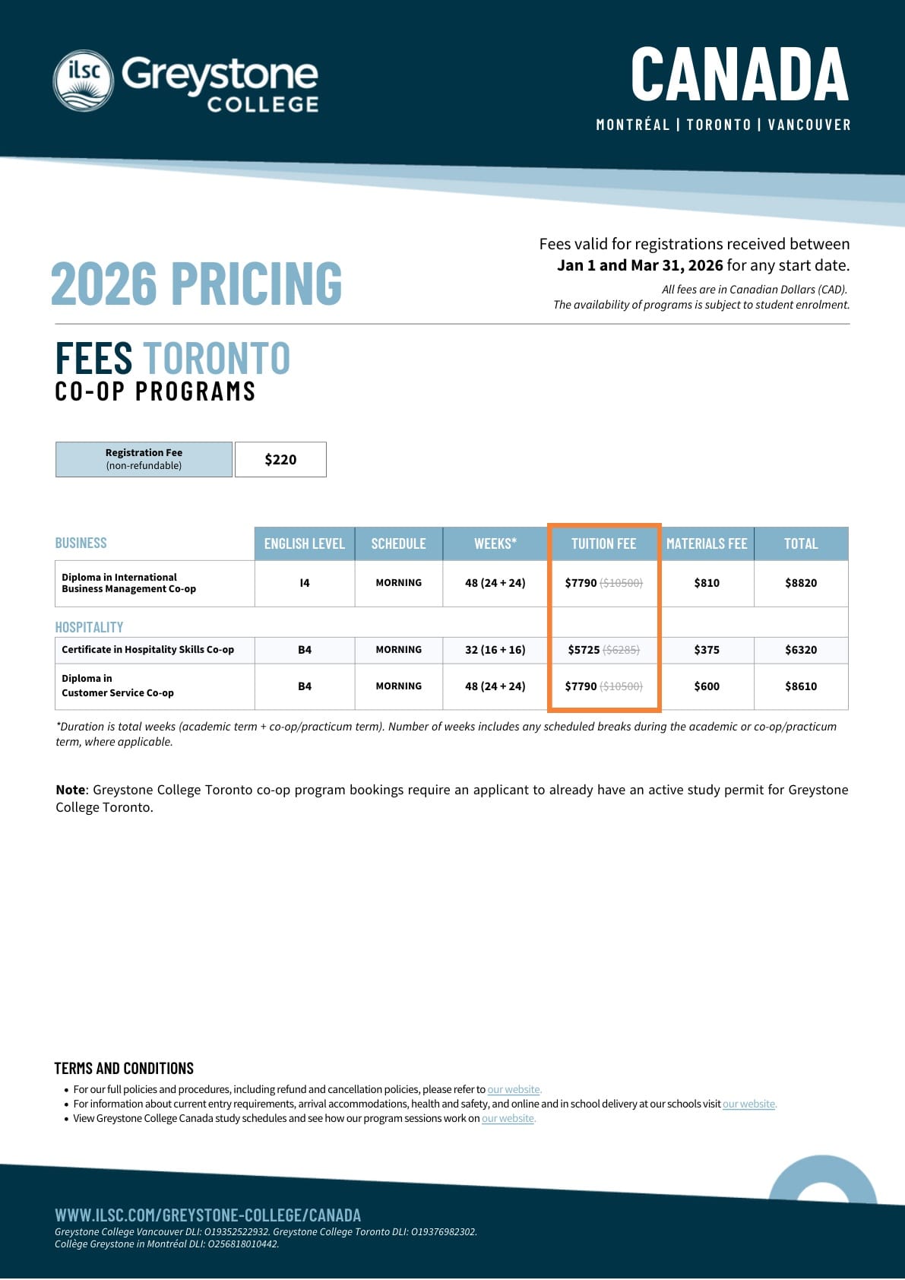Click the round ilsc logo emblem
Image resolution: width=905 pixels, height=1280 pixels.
pos(84,81)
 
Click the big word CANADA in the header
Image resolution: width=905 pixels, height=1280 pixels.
pos(739,74)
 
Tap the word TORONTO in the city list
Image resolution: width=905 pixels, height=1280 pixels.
pos(718,125)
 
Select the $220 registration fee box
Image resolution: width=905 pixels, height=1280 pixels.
pos(280,459)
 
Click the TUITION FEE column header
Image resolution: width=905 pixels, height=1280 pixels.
pos(603,543)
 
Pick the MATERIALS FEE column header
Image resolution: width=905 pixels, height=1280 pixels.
pos(707,543)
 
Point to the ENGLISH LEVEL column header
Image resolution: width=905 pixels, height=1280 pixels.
pos(304,543)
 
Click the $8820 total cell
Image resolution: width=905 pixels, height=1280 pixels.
pos(801,583)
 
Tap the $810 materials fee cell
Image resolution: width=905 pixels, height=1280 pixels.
pos(707,583)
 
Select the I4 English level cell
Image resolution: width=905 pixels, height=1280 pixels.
pos(305,583)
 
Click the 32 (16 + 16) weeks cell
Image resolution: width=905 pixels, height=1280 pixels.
pos(495,650)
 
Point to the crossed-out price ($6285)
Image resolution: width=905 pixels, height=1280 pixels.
pos(622,650)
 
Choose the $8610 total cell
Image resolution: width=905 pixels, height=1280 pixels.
pos(801,686)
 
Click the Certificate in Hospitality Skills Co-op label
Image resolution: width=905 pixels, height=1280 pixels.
pos(148,650)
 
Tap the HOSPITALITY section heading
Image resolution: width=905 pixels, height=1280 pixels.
pos(89,627)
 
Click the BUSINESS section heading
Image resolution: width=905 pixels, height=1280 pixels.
pos(81,543)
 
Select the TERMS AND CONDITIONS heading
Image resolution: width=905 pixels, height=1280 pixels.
pos(124,1068)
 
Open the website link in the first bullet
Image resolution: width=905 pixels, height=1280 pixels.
pos(514,1089)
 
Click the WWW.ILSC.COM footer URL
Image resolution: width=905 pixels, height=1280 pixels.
pos(207,1215)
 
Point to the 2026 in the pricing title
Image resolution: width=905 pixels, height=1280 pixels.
pos(103,284)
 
